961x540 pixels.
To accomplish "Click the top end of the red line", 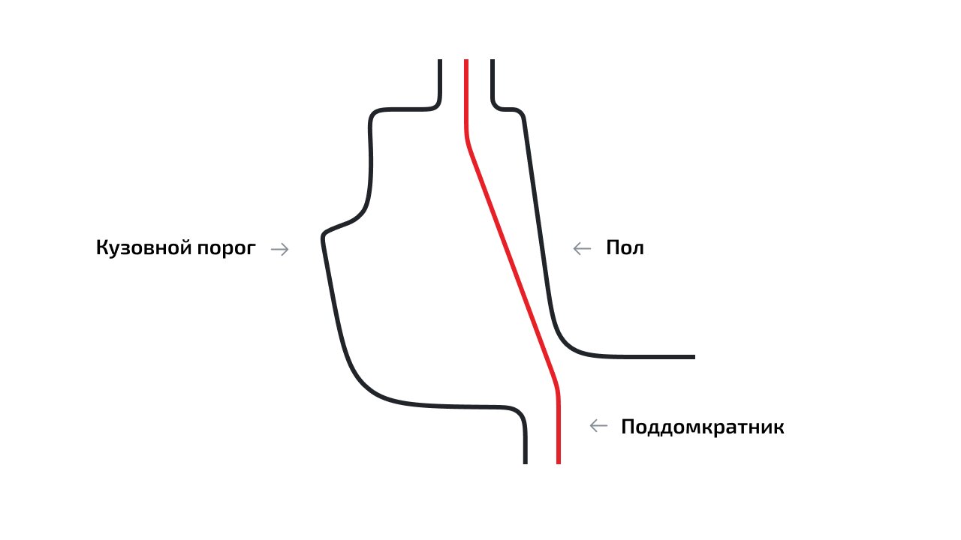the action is pyautogui.click(x=466, y=60).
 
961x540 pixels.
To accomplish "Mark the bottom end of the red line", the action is pyautogui.click(x=559, y=463).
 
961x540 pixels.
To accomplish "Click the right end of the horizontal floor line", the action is pyautogui.click(x=694, y=357).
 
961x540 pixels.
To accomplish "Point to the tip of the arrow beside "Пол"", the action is pyautogui.click(x=574, y=248).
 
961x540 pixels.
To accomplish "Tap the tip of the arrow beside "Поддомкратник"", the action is pyautogui.click(x=590, y=426).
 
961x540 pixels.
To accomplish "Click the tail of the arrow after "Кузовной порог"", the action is pyautogui.click(x=271, y=249).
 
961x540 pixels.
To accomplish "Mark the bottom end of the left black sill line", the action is pyautogui.click(x=526, y=463).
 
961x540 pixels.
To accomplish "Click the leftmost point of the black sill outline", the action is pyautogui.click(x=321, y=237).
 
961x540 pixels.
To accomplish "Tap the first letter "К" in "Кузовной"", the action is pyautogui.click(x=101, y=247).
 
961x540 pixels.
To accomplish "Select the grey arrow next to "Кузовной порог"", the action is pyautogui.click(x=280, y=249).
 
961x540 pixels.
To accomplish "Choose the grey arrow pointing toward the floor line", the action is pyautogui.click(x=582, y=248).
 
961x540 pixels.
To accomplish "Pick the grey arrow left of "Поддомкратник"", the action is pyautogui.click(x=598, y=426).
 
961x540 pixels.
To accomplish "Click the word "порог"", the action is pyautogui.click(x=227, y=248).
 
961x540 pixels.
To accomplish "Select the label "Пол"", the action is pyautogui.click(x=625, y=247).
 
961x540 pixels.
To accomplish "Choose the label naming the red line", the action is pyautogui.click(x=703, y=427).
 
